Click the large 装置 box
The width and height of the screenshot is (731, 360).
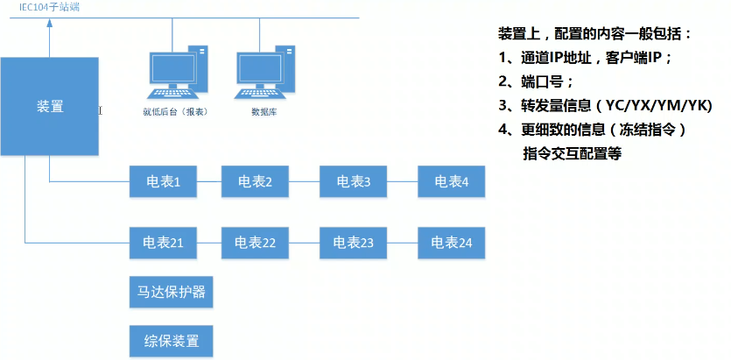point(49,106)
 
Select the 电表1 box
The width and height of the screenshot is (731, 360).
point(163,181)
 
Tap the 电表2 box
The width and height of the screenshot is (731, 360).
point(255,181)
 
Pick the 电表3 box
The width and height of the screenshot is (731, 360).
point(353,181)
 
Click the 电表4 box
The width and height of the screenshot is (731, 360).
point(451,181)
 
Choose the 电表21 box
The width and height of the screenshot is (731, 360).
point(163,243)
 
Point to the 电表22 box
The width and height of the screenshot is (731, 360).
point(255,243)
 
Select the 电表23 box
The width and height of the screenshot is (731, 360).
point(353,243)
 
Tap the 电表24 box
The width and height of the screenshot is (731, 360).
point(451,243)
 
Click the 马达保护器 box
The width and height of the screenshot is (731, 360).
point(171,293)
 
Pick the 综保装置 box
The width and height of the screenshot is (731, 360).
point(171,341)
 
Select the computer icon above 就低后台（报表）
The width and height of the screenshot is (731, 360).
point(178,72)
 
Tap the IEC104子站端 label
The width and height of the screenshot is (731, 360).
point(49,8)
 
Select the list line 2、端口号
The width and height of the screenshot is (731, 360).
point(535,82)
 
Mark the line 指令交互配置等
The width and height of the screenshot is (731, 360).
point(573,154)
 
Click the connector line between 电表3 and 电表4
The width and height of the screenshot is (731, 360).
point(403,181)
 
